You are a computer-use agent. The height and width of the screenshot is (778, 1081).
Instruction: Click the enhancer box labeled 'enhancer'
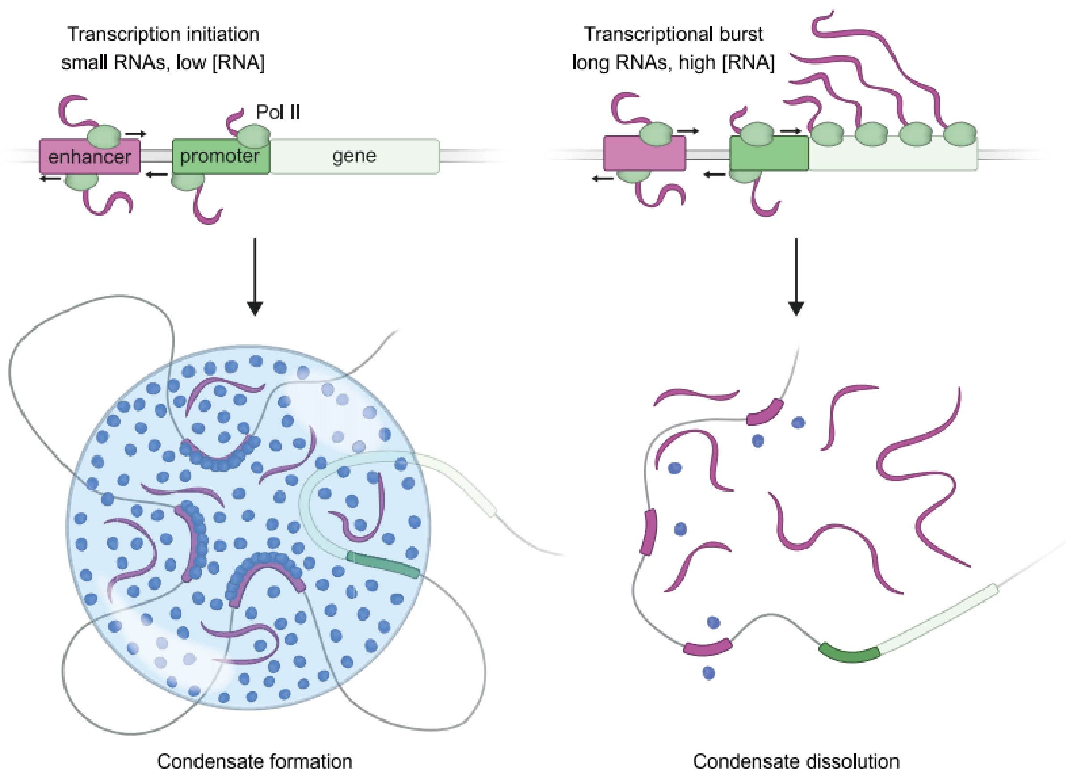pyautogui.click(x=90, y=156)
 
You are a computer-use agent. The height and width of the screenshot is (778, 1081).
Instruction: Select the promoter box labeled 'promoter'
pyautogui.click(x=220, y=156)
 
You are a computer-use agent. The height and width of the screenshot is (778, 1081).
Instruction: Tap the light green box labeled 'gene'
pyautogui.click(x=355, y=156)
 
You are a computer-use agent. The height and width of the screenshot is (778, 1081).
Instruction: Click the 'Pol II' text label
pyautogui.click(x=278, y=113)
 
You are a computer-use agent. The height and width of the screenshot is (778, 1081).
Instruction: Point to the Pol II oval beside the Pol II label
pyautogui.click(x=253, y=136)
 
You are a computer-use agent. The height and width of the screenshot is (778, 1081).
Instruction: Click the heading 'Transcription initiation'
pyautogui.click(x=164, y=34)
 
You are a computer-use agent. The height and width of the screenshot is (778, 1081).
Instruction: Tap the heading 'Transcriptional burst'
pyautogui.click(x=673, y=34)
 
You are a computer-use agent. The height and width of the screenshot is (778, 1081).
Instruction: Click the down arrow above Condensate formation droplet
pyautogui.click(x=256, y=277)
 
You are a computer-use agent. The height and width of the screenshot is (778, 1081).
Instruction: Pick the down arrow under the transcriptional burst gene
pyautogui.click(x=796, y=277)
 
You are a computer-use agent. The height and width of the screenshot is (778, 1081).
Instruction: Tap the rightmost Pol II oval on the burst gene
pyautogui.click(x=960, y=134)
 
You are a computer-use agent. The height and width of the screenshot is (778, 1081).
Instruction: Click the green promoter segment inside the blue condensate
pyautogui.click(x=383, y=564)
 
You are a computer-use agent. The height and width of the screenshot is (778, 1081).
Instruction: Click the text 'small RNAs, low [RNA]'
pyautogui.click(x=163, y=63)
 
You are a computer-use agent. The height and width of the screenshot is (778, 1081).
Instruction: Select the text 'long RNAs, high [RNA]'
pyautogui.click(x=673, y=63)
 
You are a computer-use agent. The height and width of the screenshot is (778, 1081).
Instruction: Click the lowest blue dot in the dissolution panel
pyautogui.click(x=709, y=672)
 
